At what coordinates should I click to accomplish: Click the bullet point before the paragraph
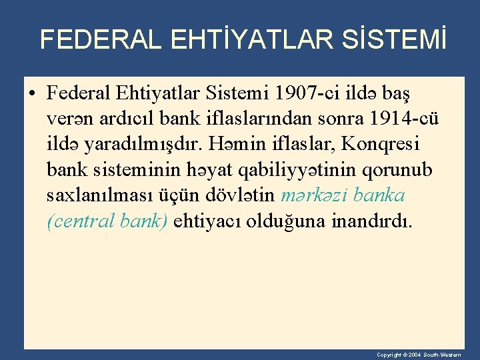[x=32, y=92]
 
